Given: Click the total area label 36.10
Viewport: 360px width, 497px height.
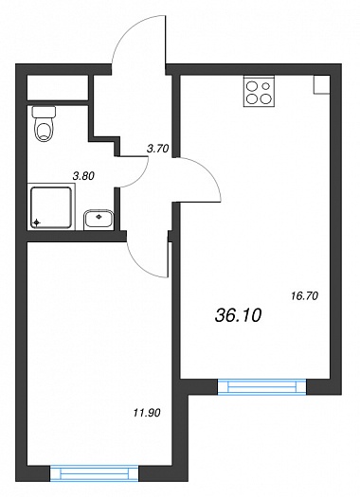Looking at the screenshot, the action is point(238,315).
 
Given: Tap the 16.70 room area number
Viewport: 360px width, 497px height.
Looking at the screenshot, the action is point(304,296).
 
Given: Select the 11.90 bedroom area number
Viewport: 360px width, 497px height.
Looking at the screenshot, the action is point(147,413).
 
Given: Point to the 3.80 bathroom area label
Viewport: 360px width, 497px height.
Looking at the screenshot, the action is point(83,175).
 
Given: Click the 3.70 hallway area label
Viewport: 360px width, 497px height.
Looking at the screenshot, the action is point(157,149).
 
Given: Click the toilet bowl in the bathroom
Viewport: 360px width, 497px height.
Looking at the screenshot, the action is point(45,130).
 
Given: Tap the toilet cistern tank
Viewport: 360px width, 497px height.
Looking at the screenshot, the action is point(45,112).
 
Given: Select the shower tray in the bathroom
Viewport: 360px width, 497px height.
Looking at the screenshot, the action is point(51,207).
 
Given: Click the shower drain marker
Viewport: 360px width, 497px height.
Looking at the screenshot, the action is point(37,222).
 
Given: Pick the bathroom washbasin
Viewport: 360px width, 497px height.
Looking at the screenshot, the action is point(99,219).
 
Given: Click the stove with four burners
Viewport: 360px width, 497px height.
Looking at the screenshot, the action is point(259,91).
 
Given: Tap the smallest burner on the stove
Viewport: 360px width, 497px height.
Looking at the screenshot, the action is point(266,85).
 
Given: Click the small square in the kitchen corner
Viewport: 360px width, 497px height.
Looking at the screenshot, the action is point(321,84).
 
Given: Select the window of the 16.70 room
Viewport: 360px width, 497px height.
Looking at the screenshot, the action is point(262,386).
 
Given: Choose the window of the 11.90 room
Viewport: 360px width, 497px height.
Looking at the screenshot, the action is point(94,473).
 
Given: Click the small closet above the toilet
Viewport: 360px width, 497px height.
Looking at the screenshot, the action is point(58,87).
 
